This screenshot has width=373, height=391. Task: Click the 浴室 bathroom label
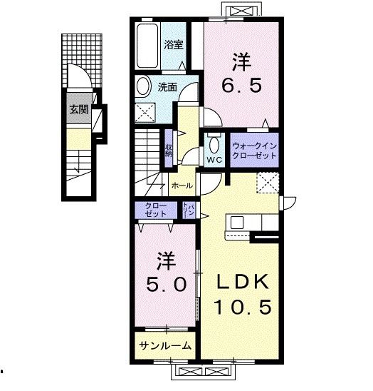point(174,44)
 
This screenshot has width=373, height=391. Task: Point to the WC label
point(214,160)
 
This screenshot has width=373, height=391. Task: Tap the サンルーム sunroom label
point(164,346)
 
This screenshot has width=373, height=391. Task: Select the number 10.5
point(242,308)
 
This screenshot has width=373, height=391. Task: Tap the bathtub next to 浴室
point(147,44)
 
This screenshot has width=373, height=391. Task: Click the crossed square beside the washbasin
point(146,111)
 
